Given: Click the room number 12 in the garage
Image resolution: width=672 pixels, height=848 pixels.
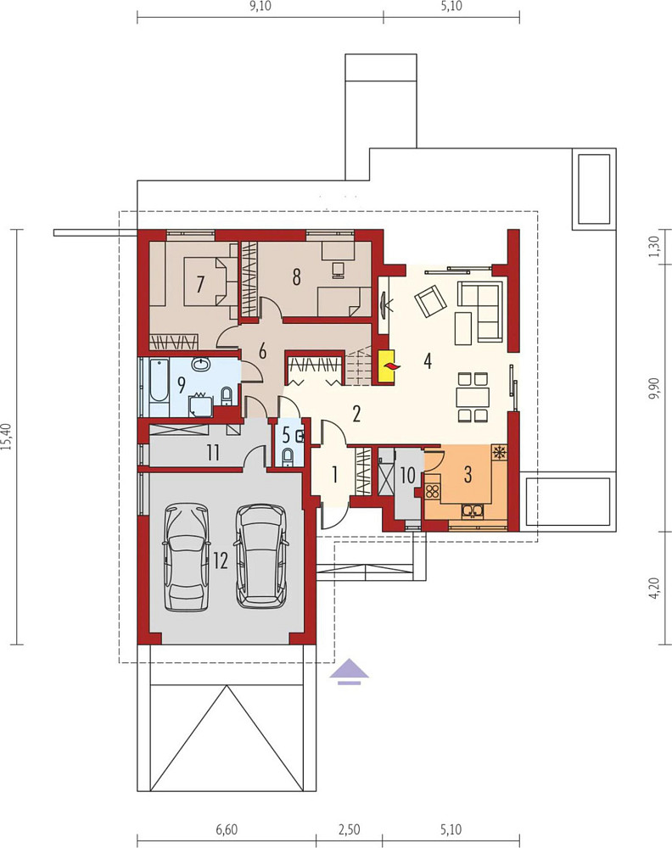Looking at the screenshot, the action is tap(221, 561).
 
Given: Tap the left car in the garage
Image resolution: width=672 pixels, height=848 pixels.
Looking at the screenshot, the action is tap(187, 558).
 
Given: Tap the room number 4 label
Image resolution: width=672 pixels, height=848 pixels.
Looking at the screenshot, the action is tap(428, 360).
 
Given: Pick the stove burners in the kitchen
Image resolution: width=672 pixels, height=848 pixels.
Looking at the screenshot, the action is tap(433, 492).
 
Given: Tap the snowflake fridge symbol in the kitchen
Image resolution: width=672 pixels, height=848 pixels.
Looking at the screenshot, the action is tap(500, 452).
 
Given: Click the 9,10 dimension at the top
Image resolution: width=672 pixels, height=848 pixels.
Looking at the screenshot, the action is tap(260, 7).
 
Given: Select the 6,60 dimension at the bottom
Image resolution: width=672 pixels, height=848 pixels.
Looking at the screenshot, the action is tap(227, 829).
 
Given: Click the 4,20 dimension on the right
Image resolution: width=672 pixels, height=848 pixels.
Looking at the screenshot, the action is tap(655, 588).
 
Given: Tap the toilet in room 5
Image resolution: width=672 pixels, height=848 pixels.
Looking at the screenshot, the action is tap(288, 456).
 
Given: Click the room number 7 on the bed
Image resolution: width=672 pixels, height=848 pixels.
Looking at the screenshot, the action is tap(200, 283).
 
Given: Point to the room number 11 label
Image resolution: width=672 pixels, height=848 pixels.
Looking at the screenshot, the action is tap(213, 452).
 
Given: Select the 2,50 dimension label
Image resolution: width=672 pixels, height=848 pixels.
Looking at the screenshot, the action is tap(349, 829).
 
